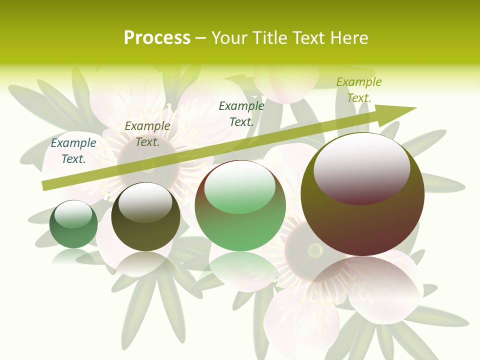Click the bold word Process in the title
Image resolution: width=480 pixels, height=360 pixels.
[157, 38]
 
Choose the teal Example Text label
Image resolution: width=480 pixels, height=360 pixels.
[73, 151]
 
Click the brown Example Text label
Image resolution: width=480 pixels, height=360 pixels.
[147, 134]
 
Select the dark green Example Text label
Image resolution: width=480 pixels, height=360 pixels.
[241, 113]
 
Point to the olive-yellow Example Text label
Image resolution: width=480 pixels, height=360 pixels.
[358, 90]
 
